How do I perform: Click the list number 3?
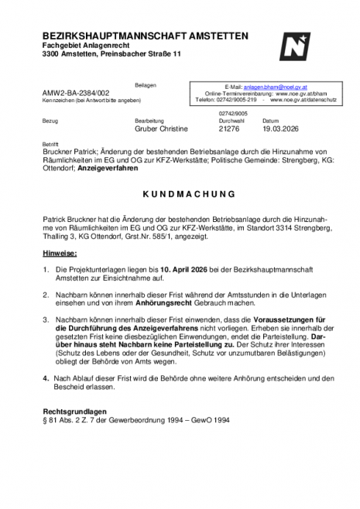(46, 319)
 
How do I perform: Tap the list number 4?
(46, 377)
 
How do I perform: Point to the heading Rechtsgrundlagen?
(75, 411)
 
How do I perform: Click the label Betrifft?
(51, 144)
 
